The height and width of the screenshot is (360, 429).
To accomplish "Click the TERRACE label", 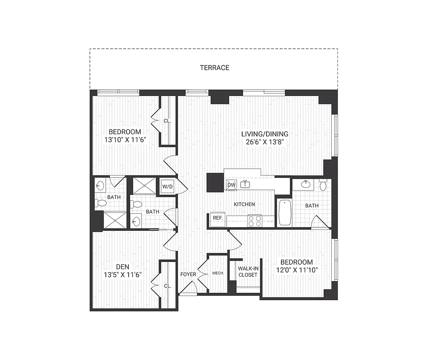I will point(215,68).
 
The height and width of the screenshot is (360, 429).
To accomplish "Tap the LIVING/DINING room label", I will point(265,134).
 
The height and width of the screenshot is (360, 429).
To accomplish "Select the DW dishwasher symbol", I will point(231,185).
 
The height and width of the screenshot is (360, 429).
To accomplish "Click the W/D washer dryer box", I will point(167,186).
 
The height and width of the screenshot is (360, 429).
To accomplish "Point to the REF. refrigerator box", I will point(218,218).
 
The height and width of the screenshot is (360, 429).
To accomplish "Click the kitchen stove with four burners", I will point(255,220).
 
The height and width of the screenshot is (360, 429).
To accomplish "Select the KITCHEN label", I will point(244,204).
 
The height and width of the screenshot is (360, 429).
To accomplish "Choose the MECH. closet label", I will point(218,273).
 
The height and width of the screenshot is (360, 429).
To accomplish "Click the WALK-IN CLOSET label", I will point(248,272).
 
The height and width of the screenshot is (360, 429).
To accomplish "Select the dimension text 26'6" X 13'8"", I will point(265,141).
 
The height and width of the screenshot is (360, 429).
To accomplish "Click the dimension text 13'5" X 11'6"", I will point(123,274).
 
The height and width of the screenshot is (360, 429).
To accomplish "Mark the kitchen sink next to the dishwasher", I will point(245,184).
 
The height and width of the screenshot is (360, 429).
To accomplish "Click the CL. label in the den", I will point(167,286).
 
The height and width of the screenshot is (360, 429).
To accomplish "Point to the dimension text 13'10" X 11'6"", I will point(125,139).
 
